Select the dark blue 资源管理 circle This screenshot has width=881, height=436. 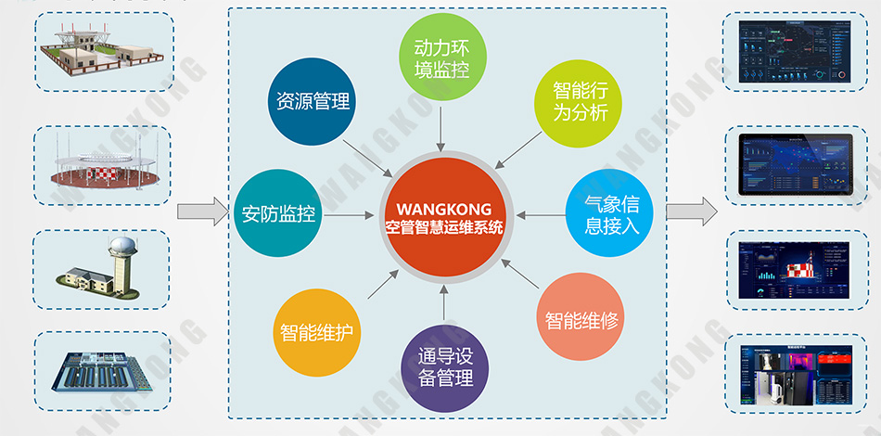point(313,100)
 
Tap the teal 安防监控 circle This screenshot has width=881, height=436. point(278,214)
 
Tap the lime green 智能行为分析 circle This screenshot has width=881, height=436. point(580,102)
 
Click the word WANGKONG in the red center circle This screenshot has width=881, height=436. point(444,209)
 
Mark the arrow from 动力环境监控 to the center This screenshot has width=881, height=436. point(441,125)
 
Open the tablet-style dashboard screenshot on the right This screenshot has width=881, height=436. point(795,163)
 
